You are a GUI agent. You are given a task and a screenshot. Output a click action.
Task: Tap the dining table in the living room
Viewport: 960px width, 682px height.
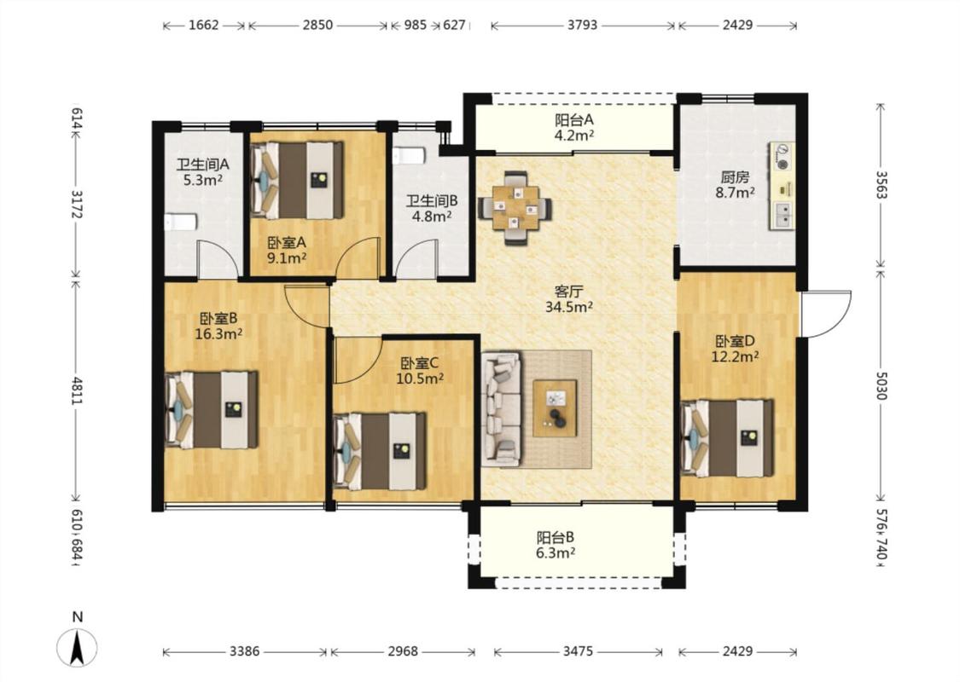point(515,208)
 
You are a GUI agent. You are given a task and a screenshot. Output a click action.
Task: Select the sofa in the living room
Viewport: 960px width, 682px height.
point(502,408)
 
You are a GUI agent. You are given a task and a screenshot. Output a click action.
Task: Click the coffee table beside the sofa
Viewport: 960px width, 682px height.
point(555,408)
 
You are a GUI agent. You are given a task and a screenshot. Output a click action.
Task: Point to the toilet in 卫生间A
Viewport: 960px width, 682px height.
point(181,222)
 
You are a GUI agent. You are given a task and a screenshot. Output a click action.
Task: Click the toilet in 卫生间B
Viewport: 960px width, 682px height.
point(409,156)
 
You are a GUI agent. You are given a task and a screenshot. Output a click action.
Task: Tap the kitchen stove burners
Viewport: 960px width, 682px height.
point(782,156)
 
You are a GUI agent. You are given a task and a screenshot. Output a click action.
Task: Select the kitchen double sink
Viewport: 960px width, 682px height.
point(782,214)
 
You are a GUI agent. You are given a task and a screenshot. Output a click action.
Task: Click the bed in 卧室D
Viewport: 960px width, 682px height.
point(727,438)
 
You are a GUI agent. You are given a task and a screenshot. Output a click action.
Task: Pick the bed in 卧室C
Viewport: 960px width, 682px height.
point(380,451)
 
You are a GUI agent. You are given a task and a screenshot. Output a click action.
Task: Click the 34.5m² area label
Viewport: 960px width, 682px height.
point(569,307)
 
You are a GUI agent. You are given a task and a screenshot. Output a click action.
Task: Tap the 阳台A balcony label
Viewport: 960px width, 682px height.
point(573,120)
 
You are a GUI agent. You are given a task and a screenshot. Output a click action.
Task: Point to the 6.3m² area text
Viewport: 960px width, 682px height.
point(556,553)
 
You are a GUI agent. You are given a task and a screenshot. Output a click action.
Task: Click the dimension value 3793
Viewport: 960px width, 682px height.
point(582,25)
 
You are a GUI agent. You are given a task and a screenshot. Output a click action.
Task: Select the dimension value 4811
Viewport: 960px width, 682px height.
point(77,390)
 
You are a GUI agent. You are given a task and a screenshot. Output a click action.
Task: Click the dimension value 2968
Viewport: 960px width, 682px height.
point(403,651)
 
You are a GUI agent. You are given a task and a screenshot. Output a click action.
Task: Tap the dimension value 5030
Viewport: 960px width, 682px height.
point(881,385)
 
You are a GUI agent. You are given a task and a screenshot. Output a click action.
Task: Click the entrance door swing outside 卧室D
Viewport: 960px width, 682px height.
point(827,314)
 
